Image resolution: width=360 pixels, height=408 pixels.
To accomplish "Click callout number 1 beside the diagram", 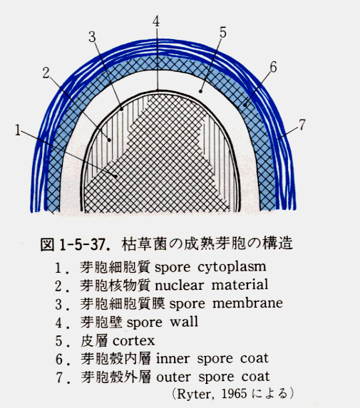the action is pyautogui.click(x=17, y=130).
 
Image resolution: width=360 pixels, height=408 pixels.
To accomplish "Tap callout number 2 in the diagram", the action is pyautogui.click(x=46, y=73).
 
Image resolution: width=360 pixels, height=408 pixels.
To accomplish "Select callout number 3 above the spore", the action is pyautogui.click(x=92, y=37).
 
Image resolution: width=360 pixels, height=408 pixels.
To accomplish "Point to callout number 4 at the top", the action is pyautogui.click(x=156, y=21).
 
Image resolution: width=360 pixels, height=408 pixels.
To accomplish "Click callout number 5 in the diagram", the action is pyautogui.click(x=222, y=33).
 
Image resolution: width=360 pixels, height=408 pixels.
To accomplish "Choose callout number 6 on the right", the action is pyautogui.click(x=273, y=68).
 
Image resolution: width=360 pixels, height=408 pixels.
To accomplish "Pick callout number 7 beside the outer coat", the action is pyautogui.click(x=302, y=125).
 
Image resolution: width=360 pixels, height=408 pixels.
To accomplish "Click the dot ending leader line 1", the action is pyautogui.click(x=115, y=176).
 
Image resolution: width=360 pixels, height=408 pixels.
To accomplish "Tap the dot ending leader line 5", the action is pyautogui.click(x=200, y=91).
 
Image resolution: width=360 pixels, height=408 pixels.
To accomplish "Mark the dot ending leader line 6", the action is pyautogui.click(x=245, y=105).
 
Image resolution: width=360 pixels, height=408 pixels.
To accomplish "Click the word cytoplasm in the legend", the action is pyautogui.click(x=232, y=268).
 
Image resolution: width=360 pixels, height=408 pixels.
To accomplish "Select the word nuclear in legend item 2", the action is pyautogui.click(x=179, y=286).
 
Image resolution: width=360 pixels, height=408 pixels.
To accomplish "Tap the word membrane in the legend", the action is pyautogui.click(x=248, y=303).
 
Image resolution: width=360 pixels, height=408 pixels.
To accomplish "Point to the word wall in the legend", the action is pyautogui.click(x=184, y=322).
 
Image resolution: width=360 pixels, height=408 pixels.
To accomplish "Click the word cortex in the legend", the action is pyautogui.click(x=134, y=341).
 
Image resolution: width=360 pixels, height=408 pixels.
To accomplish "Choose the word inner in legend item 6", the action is pyautogui.click(x=173, y=359).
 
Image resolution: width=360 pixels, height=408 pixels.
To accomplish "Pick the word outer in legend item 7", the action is pyautogui.click(x=174, y=377).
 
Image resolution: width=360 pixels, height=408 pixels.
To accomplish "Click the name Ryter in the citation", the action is pyautogui.click(x=195, y=394).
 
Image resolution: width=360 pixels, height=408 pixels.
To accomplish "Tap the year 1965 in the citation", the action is pyautogui.click(x=235, y=394).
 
